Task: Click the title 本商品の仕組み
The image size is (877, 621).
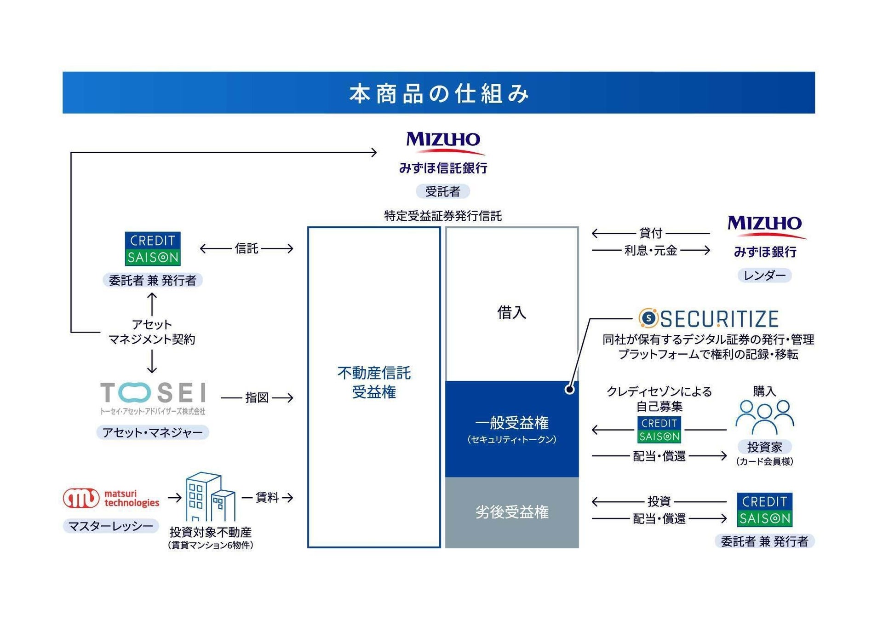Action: click(x=439, y=93)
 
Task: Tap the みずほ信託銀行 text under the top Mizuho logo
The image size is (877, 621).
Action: click(x=442, y=168)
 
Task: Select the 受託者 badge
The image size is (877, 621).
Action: click(x=442, y=191)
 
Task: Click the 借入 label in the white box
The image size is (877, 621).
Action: click(x=511, y=313)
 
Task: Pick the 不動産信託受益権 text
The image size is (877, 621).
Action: click(x=374, y=382)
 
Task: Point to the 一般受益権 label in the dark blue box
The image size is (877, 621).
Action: click(x=512, y=422)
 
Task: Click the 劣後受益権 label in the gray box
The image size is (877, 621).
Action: click(x=512, y=512)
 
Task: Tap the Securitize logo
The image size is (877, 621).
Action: click(x=708, y=318)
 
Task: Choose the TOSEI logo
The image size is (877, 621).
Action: click(x=153, y=397)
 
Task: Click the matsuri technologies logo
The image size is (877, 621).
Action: click(x=111, y=498)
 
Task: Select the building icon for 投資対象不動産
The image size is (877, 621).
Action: click(x=210, y=496)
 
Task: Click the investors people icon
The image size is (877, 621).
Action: click(x=764, y=417)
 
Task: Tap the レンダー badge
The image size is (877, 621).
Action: click(x=764, y=276)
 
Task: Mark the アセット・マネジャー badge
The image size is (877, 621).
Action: click(x=153, y=432)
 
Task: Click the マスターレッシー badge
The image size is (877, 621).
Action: click(x=111, y=526)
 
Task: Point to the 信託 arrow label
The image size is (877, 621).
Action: click(x=246, y=248)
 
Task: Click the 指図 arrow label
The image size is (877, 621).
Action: click(x=257, y=397)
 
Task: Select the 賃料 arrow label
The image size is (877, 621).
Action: click(x=267, y=497)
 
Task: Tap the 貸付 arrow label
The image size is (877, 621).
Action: click(x=651, y=233)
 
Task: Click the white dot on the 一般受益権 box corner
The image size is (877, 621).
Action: click(x=569, y=390)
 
